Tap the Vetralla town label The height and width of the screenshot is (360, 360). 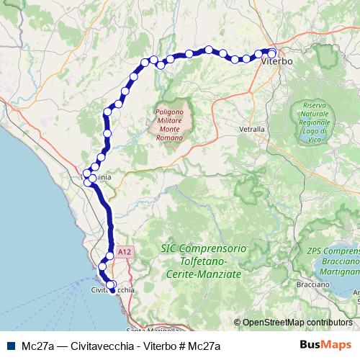pos(251,129)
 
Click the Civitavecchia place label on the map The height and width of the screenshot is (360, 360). pos(112,289)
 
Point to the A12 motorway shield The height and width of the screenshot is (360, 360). pos(125,252)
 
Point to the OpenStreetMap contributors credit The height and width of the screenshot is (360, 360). pos(297,323)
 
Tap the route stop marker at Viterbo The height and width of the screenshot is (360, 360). pos(271,52)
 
